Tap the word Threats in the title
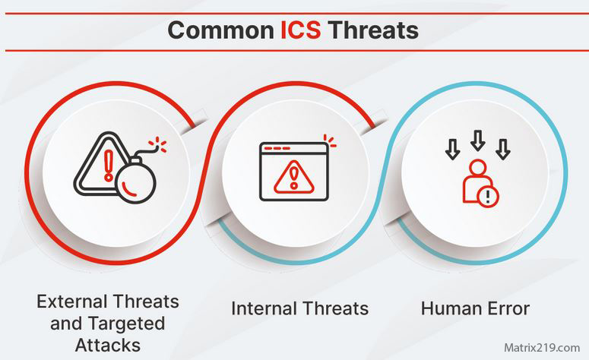[x=373, y=30]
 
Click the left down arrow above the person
[x=452, y=150]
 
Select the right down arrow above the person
[x=502, y=150]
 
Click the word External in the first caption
[x=71, y=301]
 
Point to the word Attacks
[x=107, y=346]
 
